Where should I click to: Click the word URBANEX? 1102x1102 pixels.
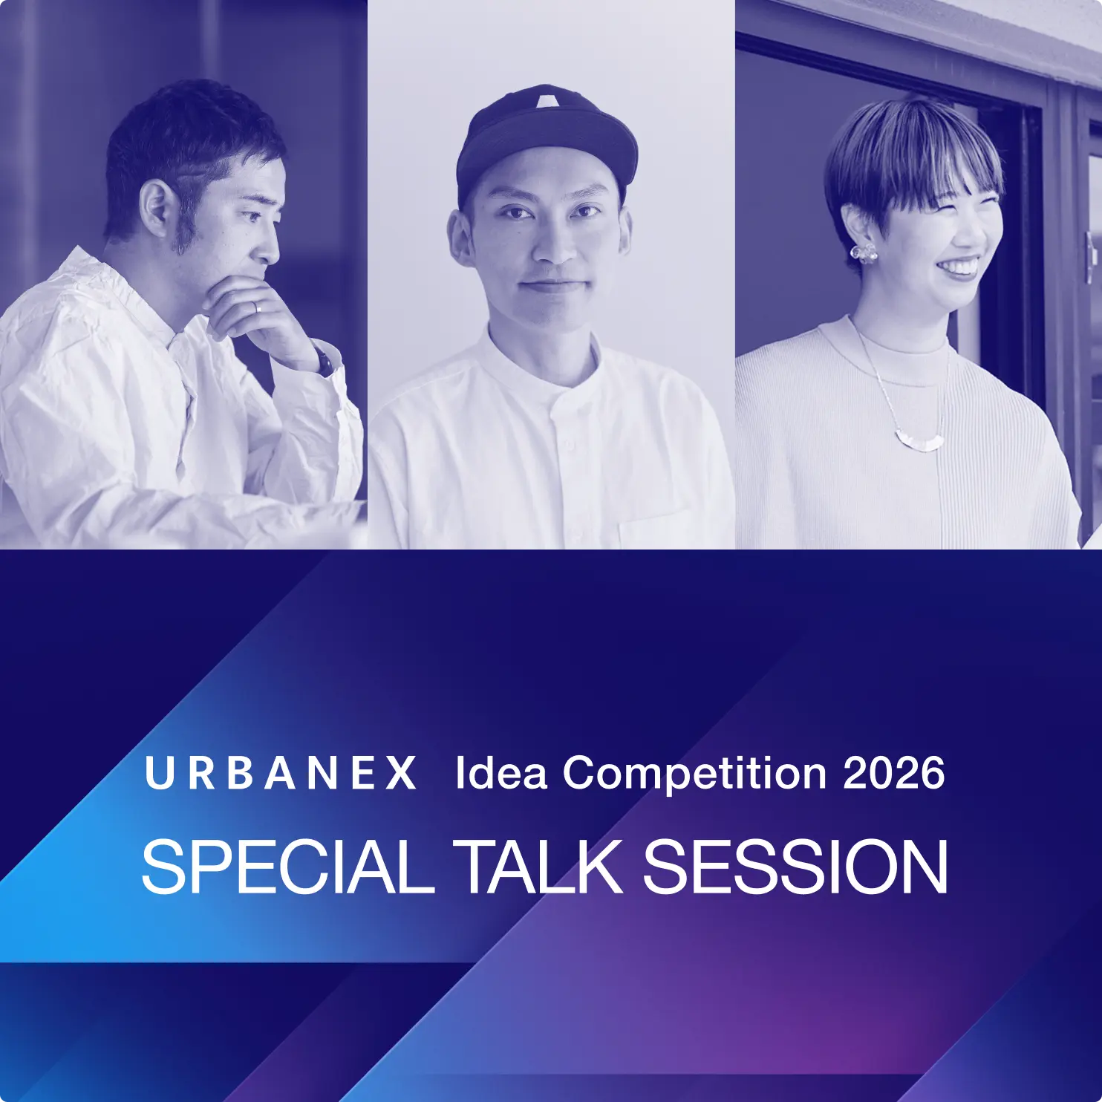coord(280,773)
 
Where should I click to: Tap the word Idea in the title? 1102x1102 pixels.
coord(501,772)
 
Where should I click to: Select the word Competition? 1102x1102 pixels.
coord(694,774)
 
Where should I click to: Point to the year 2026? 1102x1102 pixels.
coord(894,773)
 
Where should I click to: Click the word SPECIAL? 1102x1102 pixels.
coord(287,867)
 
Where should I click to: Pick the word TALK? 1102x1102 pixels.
coord(538,867)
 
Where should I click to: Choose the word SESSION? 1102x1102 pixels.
coord(795,867)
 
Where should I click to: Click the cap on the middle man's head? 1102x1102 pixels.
coord(546,141)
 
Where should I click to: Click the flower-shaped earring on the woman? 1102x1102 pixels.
coord(864,252)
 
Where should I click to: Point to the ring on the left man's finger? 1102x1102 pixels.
coord(255,307)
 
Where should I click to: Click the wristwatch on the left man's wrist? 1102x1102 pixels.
coord(323,359)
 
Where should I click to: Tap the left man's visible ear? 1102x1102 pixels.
coord(156,209)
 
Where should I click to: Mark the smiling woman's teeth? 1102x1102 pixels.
coord(960,266)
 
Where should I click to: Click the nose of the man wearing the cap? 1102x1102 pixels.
coord(553,241)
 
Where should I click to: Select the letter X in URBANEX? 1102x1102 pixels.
coord(402,773)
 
